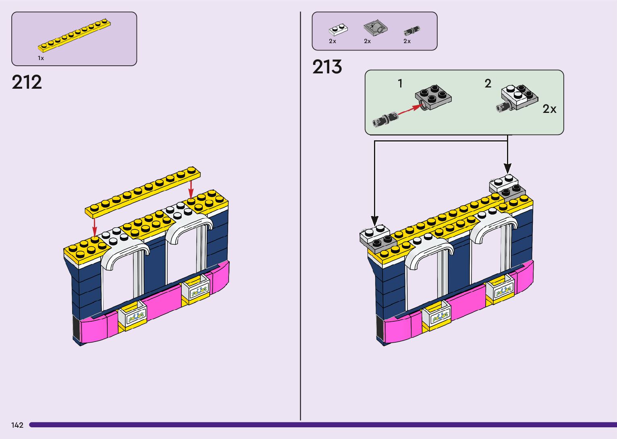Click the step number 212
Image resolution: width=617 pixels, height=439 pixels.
coord(27,82)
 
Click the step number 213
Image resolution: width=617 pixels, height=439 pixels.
coord(327,67)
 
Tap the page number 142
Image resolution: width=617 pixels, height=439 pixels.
coord(17,425)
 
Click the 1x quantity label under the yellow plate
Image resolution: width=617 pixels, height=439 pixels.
coord(41,58)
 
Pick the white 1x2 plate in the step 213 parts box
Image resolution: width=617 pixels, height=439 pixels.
coord(338,30)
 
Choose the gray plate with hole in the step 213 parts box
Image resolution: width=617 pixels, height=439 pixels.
coord(375,28)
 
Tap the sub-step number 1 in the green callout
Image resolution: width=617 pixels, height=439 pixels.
coord(400,83)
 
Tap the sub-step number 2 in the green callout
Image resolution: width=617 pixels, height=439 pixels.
coord(488,83)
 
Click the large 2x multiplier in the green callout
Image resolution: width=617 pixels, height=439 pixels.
coord(549,109)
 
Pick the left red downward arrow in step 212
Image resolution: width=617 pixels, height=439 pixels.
coord(94,227)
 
